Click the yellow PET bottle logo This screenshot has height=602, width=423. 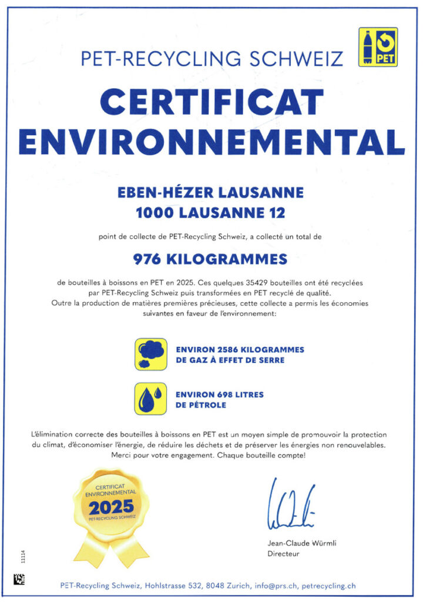coord(378,47)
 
